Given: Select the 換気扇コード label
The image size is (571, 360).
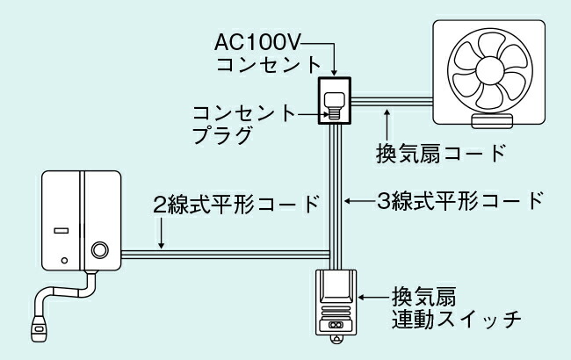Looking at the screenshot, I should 440,151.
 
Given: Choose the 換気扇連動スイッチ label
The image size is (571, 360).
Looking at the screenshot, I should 450,307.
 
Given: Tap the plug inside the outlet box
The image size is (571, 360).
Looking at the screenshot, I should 334,104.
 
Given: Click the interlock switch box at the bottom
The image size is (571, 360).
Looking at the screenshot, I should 335,301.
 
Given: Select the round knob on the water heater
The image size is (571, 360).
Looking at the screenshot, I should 99,249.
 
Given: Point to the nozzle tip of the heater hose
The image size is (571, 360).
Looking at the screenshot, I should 39,331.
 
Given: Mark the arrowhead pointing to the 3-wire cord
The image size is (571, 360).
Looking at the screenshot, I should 347,201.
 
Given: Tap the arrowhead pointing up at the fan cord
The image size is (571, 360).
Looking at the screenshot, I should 387,110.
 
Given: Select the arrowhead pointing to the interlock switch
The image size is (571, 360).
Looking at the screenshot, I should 365,298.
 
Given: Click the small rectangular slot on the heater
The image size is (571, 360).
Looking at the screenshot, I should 61,232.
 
